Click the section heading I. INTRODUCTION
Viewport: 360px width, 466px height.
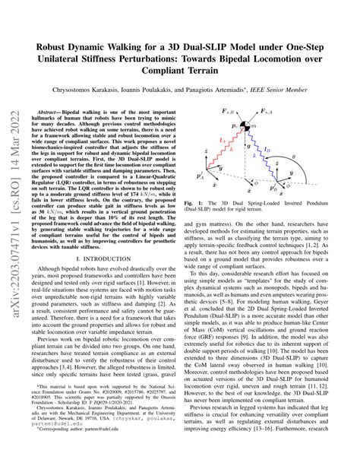pos(106,259)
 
